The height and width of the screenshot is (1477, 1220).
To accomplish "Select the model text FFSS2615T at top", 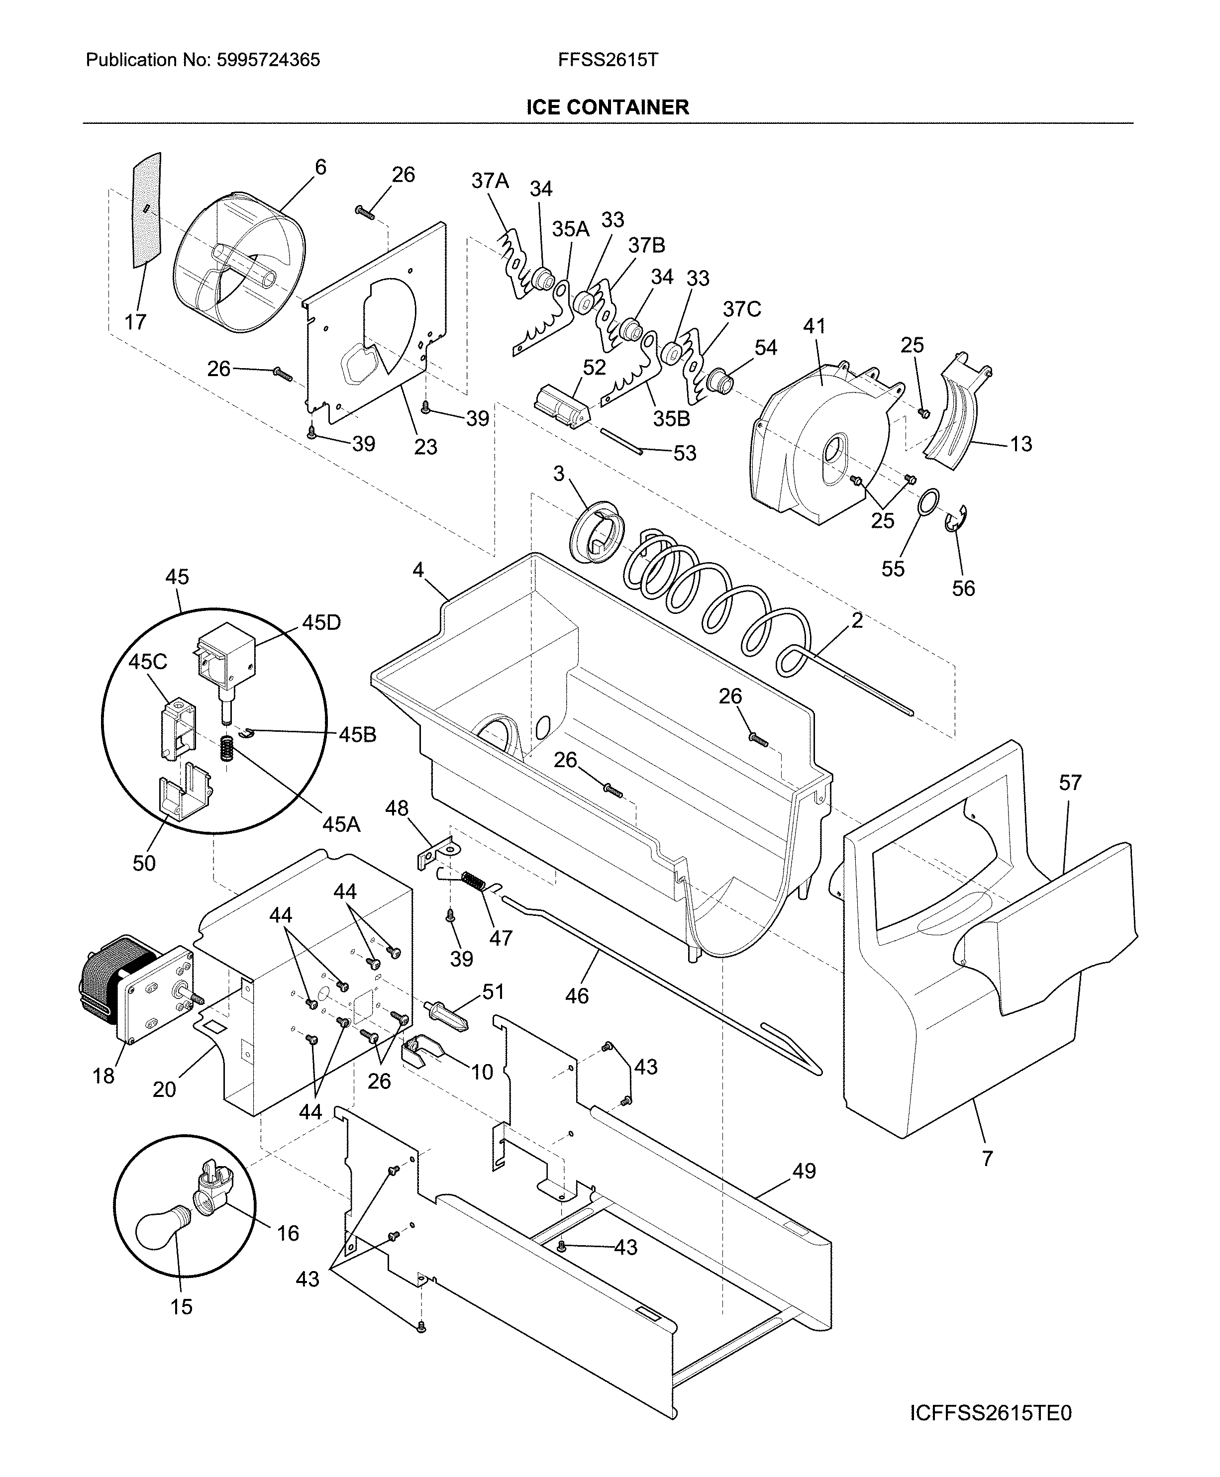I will [x=608, y=60].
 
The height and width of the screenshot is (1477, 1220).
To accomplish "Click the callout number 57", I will [x=1070, y=782].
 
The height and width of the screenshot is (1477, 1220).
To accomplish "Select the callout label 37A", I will [x=490, y=181].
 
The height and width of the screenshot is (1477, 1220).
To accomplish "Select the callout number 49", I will [x=804, y=1171].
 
